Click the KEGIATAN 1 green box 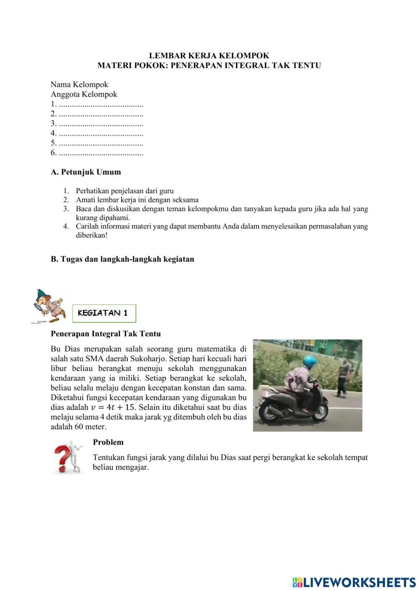pyautogui.click(x=104, y=313)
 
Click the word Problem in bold pyautogui.click(x=108, y=442)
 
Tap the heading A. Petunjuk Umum pyautogui.click(x=86, y=172)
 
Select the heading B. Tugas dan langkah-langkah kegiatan pyautogui.click(x=122, y=259)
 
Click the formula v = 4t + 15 pyautogui.click(x=112, y=407)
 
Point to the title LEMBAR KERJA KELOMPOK pyautogui.click(x=209, y=55)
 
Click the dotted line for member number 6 pyautogui.click(x=101, y=153)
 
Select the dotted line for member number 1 pyautogui.click(x=101, y=105)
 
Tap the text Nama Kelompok pyautogui.click(x=79, y=84)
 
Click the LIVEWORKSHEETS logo pyautogui.click(x=354, y=582)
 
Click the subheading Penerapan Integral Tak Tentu pyautogui.click(x=106, y=334)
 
